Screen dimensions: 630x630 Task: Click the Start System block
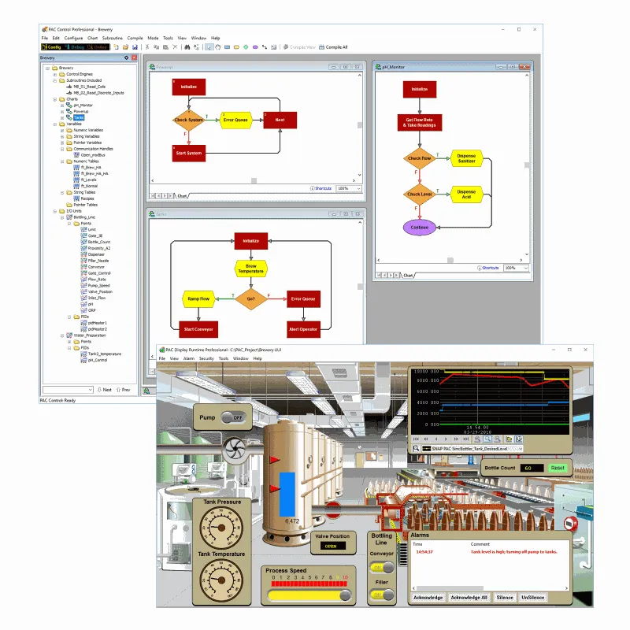(188, 153)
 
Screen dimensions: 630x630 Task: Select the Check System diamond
(188, 120)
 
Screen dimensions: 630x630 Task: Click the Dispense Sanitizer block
(466, 158)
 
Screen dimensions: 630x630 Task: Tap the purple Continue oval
(420, 228)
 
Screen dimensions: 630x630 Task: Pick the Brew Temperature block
(251, 269)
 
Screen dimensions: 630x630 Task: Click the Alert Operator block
(303, 328)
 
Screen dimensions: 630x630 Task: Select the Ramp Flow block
(198, 298)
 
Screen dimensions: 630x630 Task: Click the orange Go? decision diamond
(251, 298)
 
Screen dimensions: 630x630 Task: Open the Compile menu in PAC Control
(135, 38)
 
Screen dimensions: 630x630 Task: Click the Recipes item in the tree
(87, 198)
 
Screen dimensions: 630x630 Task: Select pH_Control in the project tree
(96, 360)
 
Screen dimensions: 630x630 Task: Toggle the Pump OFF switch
(233, 417)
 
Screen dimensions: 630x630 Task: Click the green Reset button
(558, 468)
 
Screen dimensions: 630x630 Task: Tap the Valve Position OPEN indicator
(332, 545)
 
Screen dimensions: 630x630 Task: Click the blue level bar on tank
(287, 493)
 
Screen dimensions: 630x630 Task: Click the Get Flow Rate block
(420, 122)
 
